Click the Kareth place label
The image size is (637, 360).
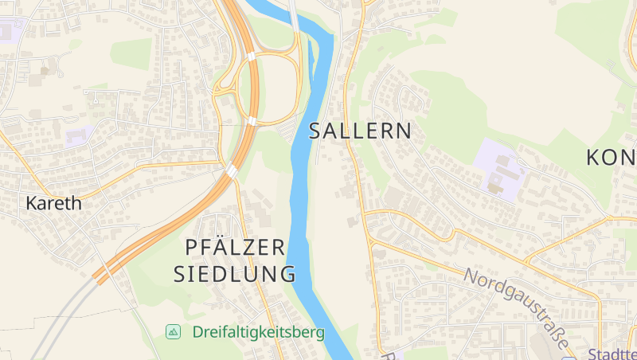pyautogui.click(x=53, y=203)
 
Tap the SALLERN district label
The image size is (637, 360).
pyautogui.click(x=361, y=131)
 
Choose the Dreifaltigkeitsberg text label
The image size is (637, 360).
pyautogui.click(x=258, y=332)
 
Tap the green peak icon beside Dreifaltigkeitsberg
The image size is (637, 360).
pyautogui.click(x=173, y=331)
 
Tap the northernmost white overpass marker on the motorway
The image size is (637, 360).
pyautogui.click(x=252, y=57)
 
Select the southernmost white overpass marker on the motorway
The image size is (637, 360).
pyautogui.click(x=231, y=170)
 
